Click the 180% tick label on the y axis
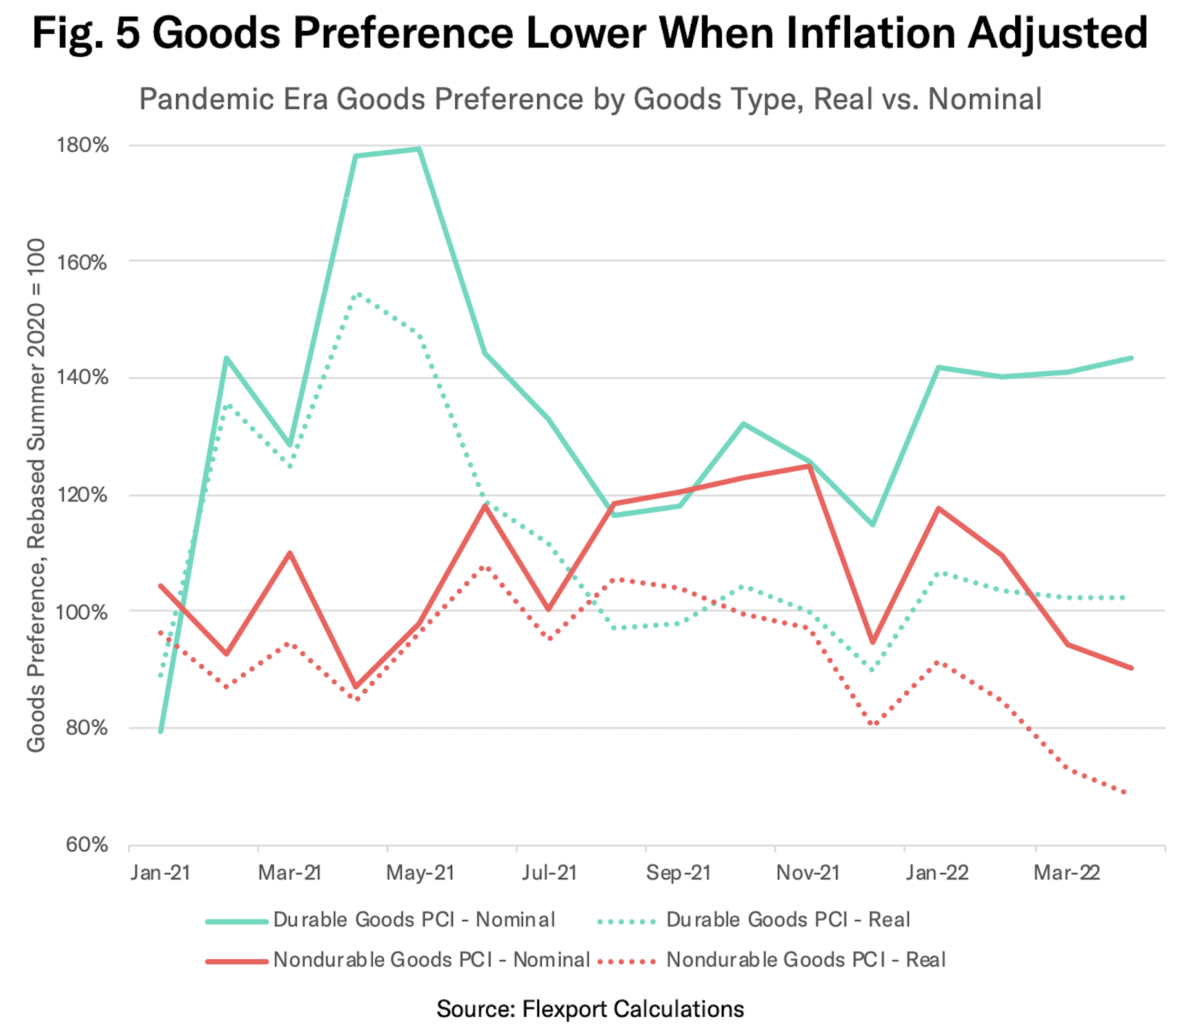83,145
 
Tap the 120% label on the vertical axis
83,495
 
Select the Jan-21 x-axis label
161,873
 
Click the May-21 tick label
420,873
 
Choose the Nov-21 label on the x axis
808,873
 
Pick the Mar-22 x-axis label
1067,873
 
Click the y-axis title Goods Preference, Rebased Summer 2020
36,495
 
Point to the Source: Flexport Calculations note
590,1009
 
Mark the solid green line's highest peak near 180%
419,150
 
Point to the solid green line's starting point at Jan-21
161,731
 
